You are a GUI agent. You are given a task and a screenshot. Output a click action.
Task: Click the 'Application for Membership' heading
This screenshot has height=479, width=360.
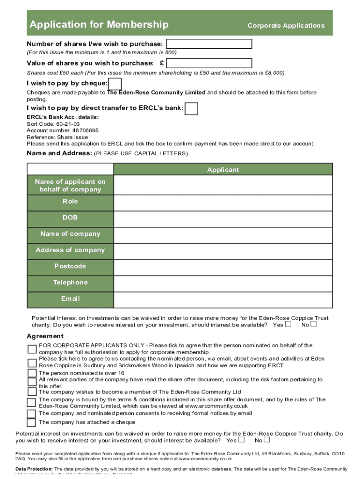click(x=99, y=24)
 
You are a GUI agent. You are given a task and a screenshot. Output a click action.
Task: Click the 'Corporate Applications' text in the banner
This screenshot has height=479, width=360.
click(x=286, y=26)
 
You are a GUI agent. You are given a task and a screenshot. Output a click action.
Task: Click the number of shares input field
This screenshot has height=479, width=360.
click(x=209, y=44)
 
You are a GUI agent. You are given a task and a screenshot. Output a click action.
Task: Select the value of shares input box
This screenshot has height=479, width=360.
click(x=209, y=63)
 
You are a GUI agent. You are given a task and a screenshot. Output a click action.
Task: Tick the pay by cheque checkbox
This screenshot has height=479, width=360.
click(x=115, y=84)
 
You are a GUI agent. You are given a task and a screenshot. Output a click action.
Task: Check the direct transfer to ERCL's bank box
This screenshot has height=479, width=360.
click(x=191, y=109)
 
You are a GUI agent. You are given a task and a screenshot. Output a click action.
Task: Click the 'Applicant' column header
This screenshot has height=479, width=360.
click(x=223, y=170)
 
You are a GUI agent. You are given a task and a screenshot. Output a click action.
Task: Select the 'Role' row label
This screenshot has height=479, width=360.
click(x=70, y=202)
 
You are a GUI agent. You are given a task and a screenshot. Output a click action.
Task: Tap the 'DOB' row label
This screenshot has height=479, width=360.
click(x=70, y=218)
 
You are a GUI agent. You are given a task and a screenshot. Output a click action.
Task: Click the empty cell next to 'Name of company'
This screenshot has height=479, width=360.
click(x=223, y=234)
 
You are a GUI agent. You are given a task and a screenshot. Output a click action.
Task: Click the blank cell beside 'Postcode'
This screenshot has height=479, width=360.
click(x=223, y=266)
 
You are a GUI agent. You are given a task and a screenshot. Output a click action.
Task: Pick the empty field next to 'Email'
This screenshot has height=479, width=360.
click(x=223, y=299)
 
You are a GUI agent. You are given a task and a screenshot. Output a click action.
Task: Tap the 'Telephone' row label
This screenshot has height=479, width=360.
click(x=70, y=283)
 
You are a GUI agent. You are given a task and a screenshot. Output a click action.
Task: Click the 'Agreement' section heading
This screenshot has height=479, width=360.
click(x=45, y=336)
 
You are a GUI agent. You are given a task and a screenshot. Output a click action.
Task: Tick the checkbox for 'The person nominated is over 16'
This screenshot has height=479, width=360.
click(x=32, y=373)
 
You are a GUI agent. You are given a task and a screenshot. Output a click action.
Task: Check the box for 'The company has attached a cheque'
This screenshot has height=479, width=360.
click(x=31, y=422)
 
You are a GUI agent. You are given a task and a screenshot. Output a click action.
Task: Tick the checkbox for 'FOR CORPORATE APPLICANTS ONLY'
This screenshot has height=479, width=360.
click(x=32, y=349)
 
